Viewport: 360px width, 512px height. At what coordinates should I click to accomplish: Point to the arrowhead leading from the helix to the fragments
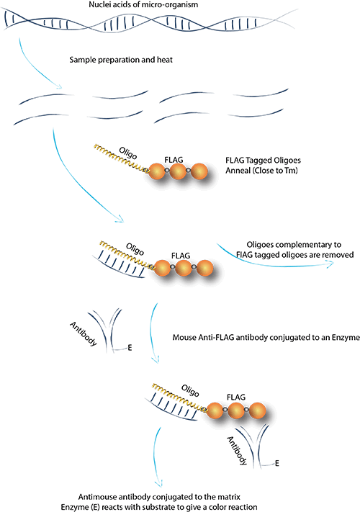[x=60, y=89]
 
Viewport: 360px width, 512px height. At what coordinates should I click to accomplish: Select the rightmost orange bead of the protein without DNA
[x=201, y=172]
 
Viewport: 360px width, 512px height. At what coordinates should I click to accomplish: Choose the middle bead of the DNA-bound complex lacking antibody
[x=184, y=268]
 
